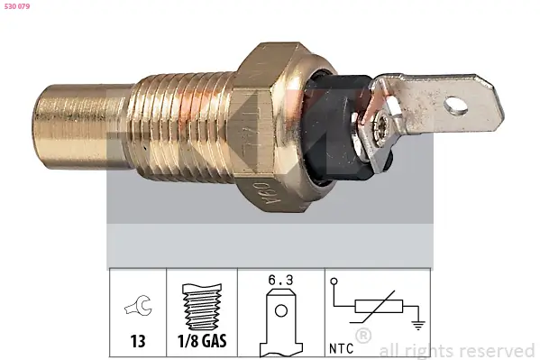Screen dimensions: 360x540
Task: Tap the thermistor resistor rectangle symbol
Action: pyautogui.click(x=375, y=308)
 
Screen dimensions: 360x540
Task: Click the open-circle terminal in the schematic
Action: pyautogui.click(x=334, y=281)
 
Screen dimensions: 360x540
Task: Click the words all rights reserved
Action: pyautogui.click(x=457, y=350)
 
